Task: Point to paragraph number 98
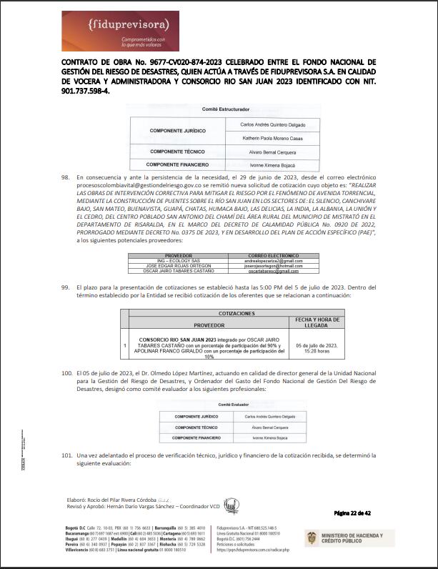point(66,177)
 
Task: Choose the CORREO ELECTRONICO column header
point(276,235)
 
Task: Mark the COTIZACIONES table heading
point(236,313)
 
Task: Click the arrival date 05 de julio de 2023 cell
point(316,348)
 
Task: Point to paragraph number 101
point(66,455)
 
